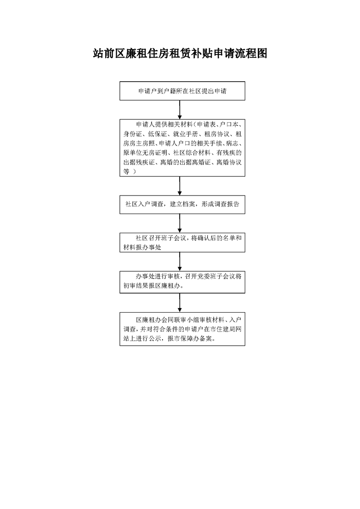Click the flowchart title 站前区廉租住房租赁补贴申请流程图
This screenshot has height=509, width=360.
[x=180, y=54]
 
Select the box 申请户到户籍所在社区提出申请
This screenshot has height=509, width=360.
[x=182, y=91]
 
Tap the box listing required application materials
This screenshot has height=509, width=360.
[x=182, y=148]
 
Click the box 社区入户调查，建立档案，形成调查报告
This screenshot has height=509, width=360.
[x=182, y=205]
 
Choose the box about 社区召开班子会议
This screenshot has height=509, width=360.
[x=182, y=243]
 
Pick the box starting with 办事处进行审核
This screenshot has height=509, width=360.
[x=182, y=282]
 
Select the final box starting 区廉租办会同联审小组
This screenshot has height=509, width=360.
[x=182, y=329]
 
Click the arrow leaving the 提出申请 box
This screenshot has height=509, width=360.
[x=180, y=110]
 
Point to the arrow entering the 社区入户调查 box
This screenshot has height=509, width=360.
[x=180, y=186]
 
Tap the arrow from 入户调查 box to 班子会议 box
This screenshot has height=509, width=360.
[x=180, y=223]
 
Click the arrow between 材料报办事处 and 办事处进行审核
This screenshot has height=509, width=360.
[x=180, y=262]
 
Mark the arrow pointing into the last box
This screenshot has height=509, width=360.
[x=180, y=303]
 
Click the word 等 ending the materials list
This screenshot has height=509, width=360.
[x=126, y=171]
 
